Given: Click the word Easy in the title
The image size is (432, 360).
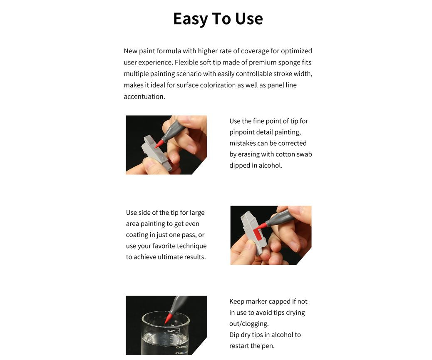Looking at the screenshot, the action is (191, 19).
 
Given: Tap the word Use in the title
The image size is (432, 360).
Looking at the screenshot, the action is (249, 19).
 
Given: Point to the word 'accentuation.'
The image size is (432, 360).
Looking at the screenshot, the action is (144, 97).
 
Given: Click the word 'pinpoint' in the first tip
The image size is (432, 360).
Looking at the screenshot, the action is (242, 132).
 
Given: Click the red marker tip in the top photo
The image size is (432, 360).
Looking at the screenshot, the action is (159, 144).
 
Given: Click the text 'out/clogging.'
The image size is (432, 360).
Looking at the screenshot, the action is (249, 324).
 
